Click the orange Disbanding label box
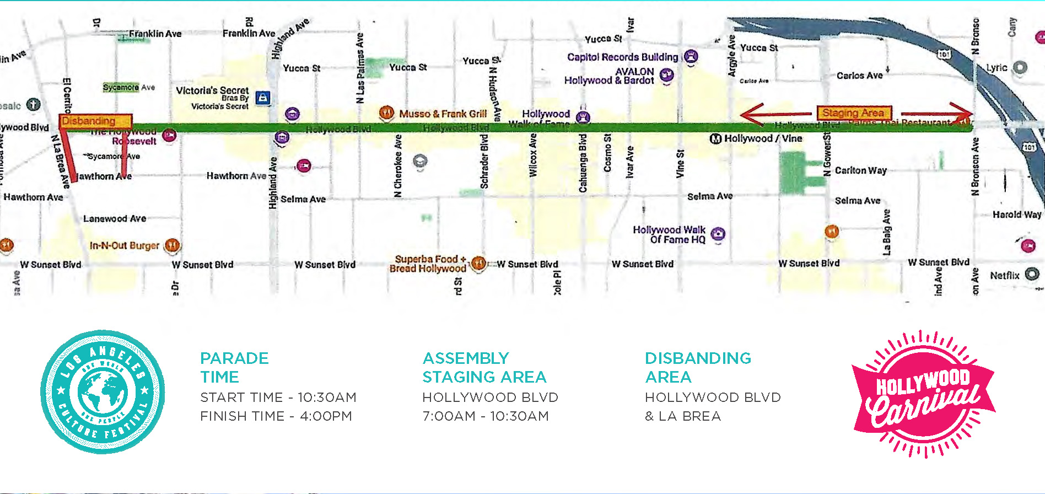[x=95, y=121]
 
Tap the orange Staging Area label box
[x=853, y=113]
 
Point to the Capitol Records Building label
[x=622, y=57]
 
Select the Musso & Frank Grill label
[x=443, y=114]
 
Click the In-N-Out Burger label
[x=124, y=245]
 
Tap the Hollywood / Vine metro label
[x=762, y=138]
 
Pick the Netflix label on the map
[x=1004, y=275]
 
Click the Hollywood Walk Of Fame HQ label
[x=669, y=234]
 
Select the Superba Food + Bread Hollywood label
[x=428, y=264]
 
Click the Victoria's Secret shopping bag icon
[x=263, y=98]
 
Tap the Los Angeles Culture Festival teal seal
[x=103, y=392]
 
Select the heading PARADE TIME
[x=234, y=367]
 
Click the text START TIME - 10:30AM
[x=278, y=397]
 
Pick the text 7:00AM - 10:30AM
[x=485, y=416]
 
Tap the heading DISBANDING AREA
[x=697, y=367]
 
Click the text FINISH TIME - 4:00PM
[x=276, y=416]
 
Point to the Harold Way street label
[x=1017, y=214]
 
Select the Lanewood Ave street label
[x=115, y=218]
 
